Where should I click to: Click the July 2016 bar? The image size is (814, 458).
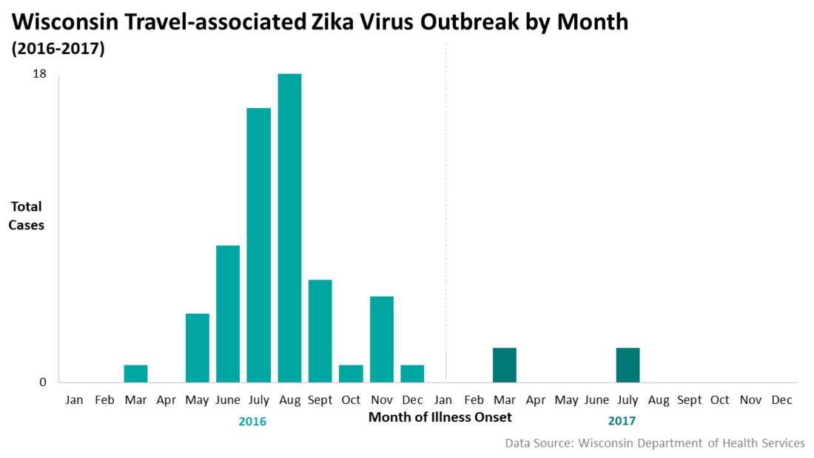pos(259,245)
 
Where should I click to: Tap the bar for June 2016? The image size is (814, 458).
pos(228,314)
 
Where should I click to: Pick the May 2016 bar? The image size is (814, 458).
pos(198,348)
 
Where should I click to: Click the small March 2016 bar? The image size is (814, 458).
pos(135,374)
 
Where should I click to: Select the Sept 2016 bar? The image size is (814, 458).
pos(320,331)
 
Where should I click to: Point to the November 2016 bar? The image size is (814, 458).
pos(382,339)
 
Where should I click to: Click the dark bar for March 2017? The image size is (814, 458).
pos(505,365)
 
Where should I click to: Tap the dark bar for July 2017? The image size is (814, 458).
pos(628,365)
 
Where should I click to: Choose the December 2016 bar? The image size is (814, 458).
pos(412,374)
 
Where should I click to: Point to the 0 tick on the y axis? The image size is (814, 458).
pos(43,383)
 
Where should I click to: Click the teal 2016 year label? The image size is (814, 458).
pos(252,422)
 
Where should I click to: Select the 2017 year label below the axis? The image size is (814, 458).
pos(622,422)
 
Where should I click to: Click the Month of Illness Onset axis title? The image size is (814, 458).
pos(440,417)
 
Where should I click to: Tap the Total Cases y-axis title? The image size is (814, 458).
pos(26,215)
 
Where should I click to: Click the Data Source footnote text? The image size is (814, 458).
pos(654,443)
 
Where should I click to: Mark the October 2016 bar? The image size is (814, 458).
pos(351,374)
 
